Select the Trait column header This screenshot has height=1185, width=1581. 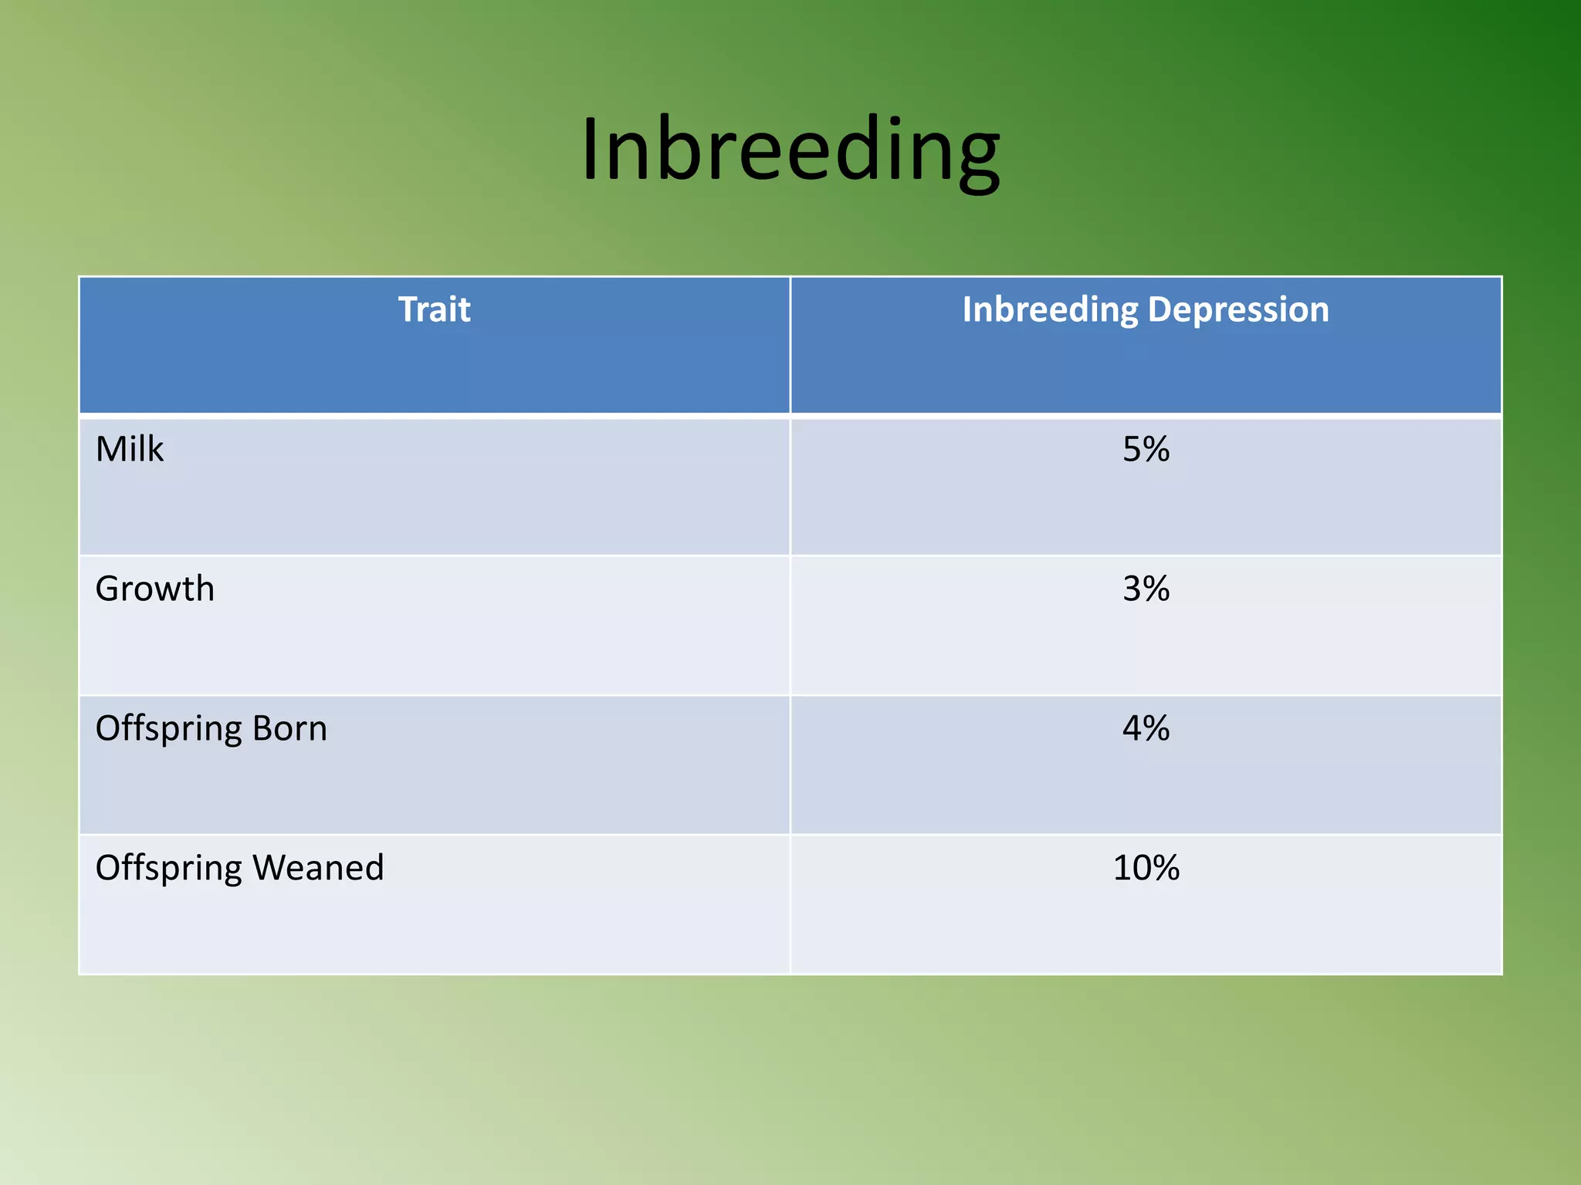tap(434, 309)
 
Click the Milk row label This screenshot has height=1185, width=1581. tap(129, 449)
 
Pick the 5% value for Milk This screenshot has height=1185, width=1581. tap(1146, 449)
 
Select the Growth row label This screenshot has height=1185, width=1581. tap(154, 589)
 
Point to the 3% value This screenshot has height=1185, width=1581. tap(1146, 589)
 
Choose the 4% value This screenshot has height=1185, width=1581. tap(1146, 728)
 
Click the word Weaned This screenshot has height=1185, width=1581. tap(318, 868)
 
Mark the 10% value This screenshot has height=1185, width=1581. tap(1146, 868)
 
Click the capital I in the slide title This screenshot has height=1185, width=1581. tap(591, 149)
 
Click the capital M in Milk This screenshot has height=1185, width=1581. tap(111, 449)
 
